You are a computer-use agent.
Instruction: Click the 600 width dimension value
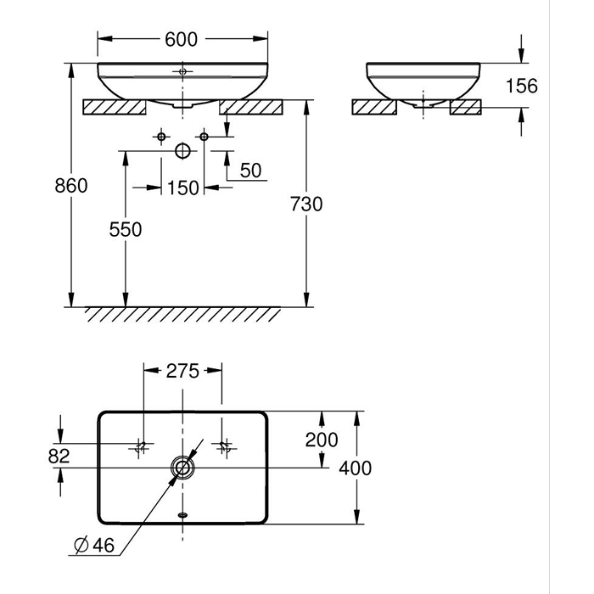182,38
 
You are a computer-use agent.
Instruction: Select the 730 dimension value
307,205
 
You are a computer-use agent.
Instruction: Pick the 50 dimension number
250,171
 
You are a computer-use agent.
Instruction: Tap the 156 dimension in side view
522,86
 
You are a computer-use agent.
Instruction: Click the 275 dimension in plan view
182,371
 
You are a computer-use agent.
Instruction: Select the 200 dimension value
322,440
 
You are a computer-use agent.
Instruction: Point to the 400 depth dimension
356,468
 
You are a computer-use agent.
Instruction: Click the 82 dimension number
59,456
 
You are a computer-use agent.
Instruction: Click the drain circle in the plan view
182,468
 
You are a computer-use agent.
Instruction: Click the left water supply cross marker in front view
161,136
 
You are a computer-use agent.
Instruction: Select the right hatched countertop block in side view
466,107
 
